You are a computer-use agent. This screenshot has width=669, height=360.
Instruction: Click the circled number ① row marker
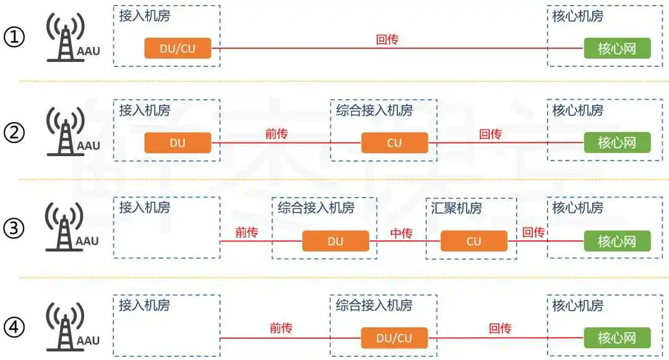(14, 37)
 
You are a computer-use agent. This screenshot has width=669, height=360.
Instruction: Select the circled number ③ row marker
(14, 228)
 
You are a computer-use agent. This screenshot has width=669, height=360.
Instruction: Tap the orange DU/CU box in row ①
(178, 48)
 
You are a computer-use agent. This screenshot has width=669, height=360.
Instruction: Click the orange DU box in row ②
(178, 143)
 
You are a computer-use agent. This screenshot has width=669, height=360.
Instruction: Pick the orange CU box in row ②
(395, 143)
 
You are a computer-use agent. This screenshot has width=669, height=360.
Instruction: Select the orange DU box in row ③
(335, 241)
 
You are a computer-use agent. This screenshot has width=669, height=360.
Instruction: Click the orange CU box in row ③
(474, 241)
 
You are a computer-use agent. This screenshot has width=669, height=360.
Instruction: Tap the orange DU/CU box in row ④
(394, 338)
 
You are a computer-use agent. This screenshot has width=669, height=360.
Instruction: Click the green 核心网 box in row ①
(617, 48)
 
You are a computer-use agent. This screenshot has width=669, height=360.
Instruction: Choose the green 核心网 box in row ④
(617, 338)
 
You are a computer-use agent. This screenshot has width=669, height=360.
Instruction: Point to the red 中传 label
(401, 233)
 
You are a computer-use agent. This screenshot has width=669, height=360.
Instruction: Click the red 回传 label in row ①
(387, 40)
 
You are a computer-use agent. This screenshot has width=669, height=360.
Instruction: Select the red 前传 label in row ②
(276, 134)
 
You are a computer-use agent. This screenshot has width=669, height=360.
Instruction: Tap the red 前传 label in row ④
(281, 328)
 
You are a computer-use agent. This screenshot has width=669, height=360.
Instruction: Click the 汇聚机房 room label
(456, 208)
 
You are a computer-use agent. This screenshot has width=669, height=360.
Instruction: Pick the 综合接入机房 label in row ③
(316, 208)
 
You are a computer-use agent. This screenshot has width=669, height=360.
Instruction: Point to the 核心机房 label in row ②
(578, 110)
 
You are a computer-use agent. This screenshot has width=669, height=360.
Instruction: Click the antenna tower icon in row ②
(65, 131)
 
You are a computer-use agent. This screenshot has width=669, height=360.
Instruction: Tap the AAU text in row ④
(88, 340)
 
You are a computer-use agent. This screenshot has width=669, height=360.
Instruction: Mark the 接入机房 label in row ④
(144, 305)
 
